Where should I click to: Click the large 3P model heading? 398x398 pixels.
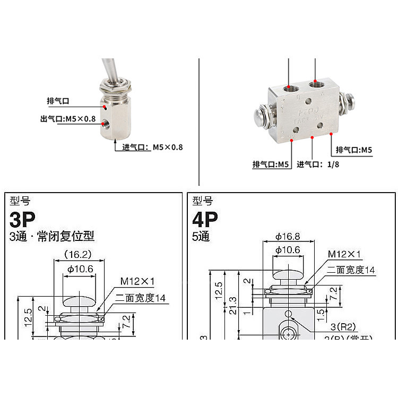[x=23, y=218]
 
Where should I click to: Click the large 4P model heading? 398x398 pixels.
[x=205, y=218]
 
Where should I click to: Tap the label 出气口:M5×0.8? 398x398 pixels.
[x=68, y=118]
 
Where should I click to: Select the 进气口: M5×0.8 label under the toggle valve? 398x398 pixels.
[x=152, y=147]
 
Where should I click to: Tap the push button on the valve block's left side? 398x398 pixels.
[x=258, y=114]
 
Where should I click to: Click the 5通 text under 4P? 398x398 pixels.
[x=201, y=236]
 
